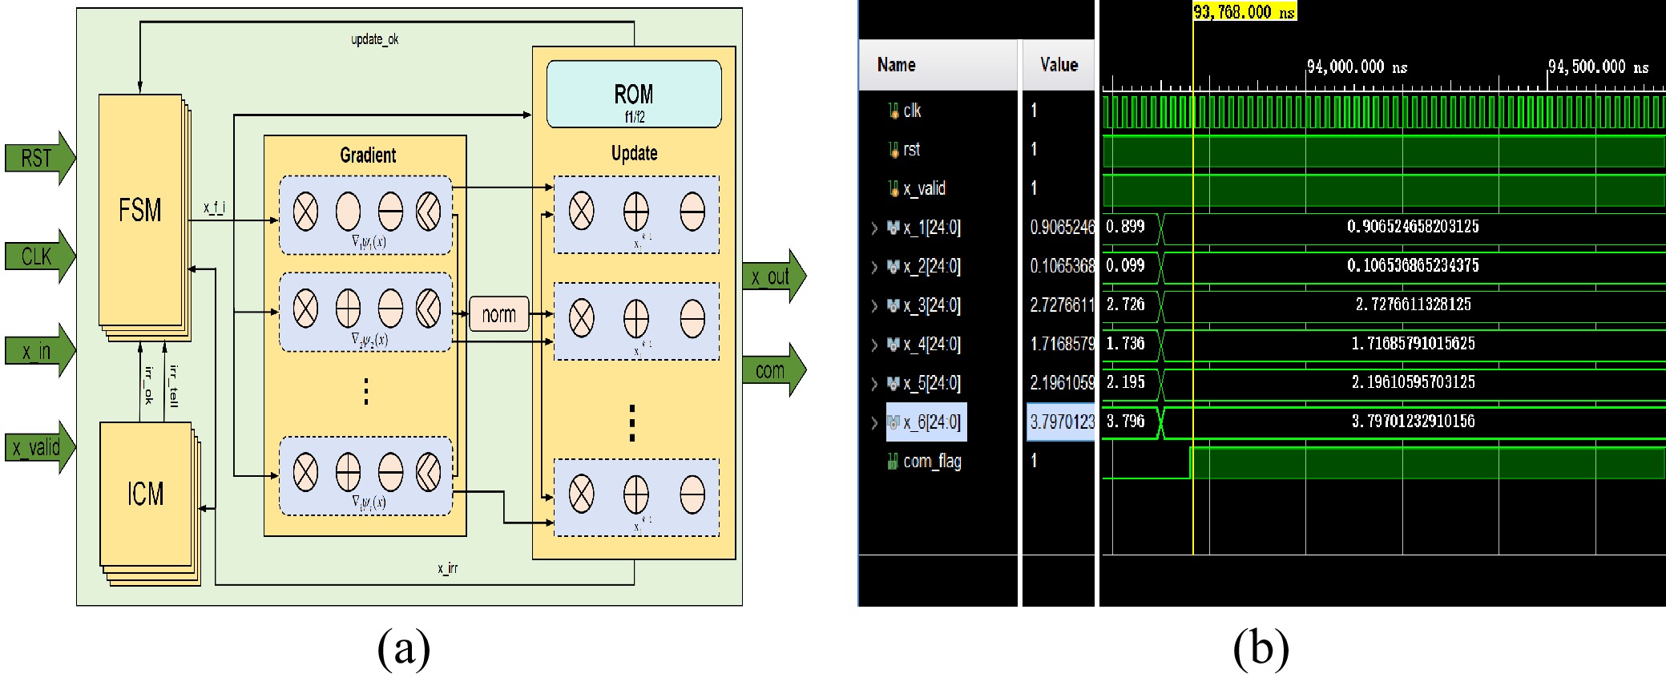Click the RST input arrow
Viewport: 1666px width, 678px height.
(x=38, y=158)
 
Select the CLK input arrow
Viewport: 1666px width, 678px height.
(x=38, y=256)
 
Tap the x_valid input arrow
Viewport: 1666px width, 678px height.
(x=38, y=446)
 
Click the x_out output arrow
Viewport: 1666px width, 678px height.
(x=772, y=276)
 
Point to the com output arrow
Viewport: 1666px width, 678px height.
(x=772, y=370)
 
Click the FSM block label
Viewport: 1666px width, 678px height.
(x=140, y=211)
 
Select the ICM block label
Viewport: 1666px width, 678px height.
(x=145, y=494)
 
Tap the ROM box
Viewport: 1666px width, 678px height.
(x=634, y=95)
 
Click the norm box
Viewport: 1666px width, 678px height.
(x=498, y=314)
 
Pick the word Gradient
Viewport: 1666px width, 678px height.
(x=368, y=155)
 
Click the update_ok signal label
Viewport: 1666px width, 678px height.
(x=374, y=39)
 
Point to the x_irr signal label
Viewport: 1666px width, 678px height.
(x=447, y=568)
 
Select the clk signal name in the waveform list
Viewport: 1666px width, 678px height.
(x=912, y=111)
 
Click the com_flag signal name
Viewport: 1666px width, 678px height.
(x=932, y=461)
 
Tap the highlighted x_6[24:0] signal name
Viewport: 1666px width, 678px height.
(x=930, y=422)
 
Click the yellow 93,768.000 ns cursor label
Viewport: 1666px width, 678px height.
(x=1244, y=11)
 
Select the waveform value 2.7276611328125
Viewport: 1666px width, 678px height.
(x=1413, y=305)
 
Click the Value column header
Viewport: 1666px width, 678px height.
(x=1059, y=65)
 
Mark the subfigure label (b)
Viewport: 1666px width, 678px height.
(x=1261, y=648)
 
